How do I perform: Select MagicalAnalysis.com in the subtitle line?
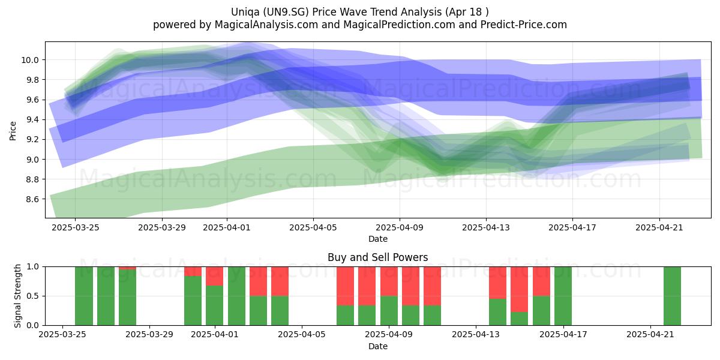[x=266, y=25]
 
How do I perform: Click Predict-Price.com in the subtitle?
[x=524, y=25]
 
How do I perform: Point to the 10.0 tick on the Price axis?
[x=29, y=60]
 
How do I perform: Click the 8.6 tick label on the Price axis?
[x=32, y=199]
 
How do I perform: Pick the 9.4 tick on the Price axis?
[x=32, y=120]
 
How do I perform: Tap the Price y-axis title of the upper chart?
[x=13, y=131]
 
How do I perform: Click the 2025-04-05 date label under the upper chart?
[x=313, y=227]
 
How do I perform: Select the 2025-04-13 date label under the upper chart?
[x=486, y=227]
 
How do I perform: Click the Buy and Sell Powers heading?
[x=377, y=257]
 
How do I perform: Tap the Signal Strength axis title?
[x=17, y=296]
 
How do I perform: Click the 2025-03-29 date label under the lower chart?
[x=149, y=334]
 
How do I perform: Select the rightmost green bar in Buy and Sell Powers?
[x=672, y=296]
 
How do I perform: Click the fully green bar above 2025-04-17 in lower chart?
[x=563, y=296]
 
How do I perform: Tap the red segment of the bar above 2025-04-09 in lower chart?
[x=389, y=281]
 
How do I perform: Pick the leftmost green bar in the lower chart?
[x=84, y=296]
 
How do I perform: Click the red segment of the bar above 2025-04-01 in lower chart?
[x=214, y=276]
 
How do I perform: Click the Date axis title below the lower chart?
[x=377, y=346]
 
